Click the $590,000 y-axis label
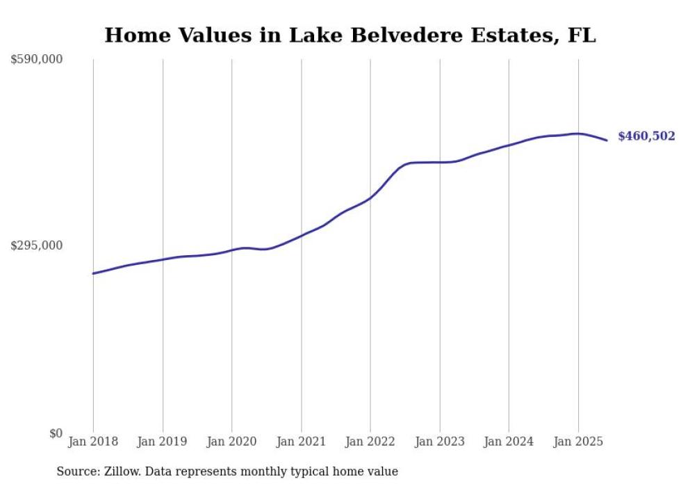pyautogui.click(x=36, y=60)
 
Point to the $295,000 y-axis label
pyautogui.click(x=36, y=245)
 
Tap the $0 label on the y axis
pyautogui.click(x=55, y=432)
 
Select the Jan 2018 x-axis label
pyautogui.click(x=93, y=442)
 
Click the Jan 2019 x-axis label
pyautogui.click(x=163, y=442)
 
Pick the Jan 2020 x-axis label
pyautogui.click(x=232, y=442)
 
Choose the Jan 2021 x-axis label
pyautogui.click(x=301, y=442)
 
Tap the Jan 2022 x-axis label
pyautogui.click(x=370, y=442)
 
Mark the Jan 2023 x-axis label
pyautogui.click(x=439, y=442)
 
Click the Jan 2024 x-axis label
pyautogui.click(x=509, y=442)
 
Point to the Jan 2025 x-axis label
pyautogui.click(x=578, y=442)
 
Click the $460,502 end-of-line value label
pyautogui.click(x=646, y=136)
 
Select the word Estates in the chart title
pyautogui.click(x=498, y=35)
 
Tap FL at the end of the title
pyautogui.click(x=582, y=35)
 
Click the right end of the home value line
pyautogui.click(x=607, y=140)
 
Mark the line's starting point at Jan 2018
pyautogui.click(x=93, y=273)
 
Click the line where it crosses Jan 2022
pyautogui.click(x=370, y=197)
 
